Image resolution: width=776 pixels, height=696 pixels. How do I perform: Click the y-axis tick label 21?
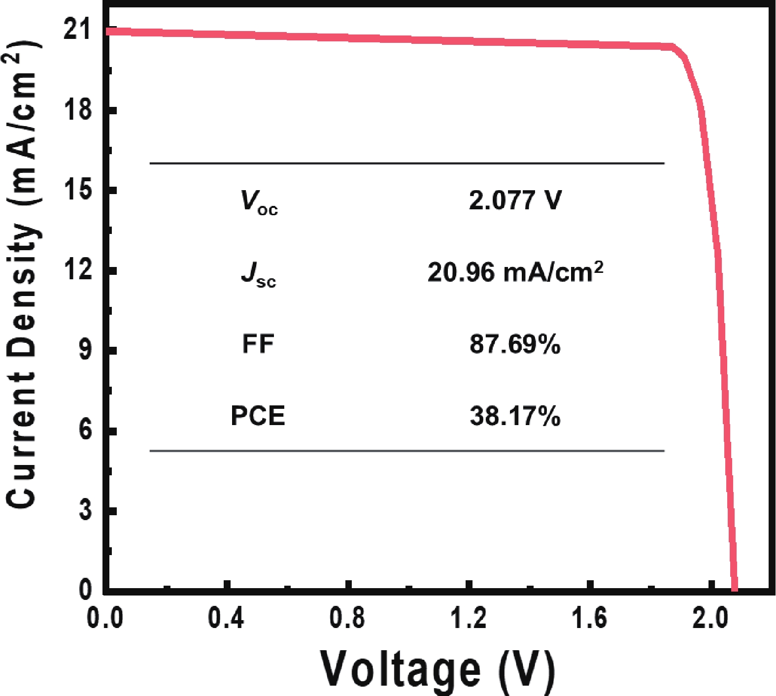pos(78,29)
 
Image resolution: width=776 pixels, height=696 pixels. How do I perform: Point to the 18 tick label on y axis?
pos(78,109)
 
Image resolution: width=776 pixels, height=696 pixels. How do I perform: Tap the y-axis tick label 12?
pos(78,269)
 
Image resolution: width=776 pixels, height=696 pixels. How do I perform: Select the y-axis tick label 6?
pos(85,430)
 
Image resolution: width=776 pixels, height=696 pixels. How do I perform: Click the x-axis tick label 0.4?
pos(226,618)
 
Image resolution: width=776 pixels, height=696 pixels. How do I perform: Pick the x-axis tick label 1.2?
pos(469,618)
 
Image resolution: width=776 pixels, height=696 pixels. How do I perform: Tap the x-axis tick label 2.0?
pos(710,618)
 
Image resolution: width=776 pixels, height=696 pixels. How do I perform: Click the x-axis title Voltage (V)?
pos(438,670)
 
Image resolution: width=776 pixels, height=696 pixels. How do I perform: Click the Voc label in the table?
pos(259,202)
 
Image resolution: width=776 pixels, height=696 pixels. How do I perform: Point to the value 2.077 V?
pos(515,200)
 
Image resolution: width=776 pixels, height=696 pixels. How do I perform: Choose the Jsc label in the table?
pos(259,273)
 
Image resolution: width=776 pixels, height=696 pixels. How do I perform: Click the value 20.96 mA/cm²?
pos(515,272)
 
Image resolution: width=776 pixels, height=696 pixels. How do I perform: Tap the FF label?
pos(258,344)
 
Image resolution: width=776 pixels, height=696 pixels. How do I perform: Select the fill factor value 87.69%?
pos(515,344)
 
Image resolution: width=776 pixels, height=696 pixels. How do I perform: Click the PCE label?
pos(258,416)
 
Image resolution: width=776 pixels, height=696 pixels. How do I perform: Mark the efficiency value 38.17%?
pos(515,416)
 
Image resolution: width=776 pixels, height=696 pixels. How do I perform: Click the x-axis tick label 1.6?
pos(589,618)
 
